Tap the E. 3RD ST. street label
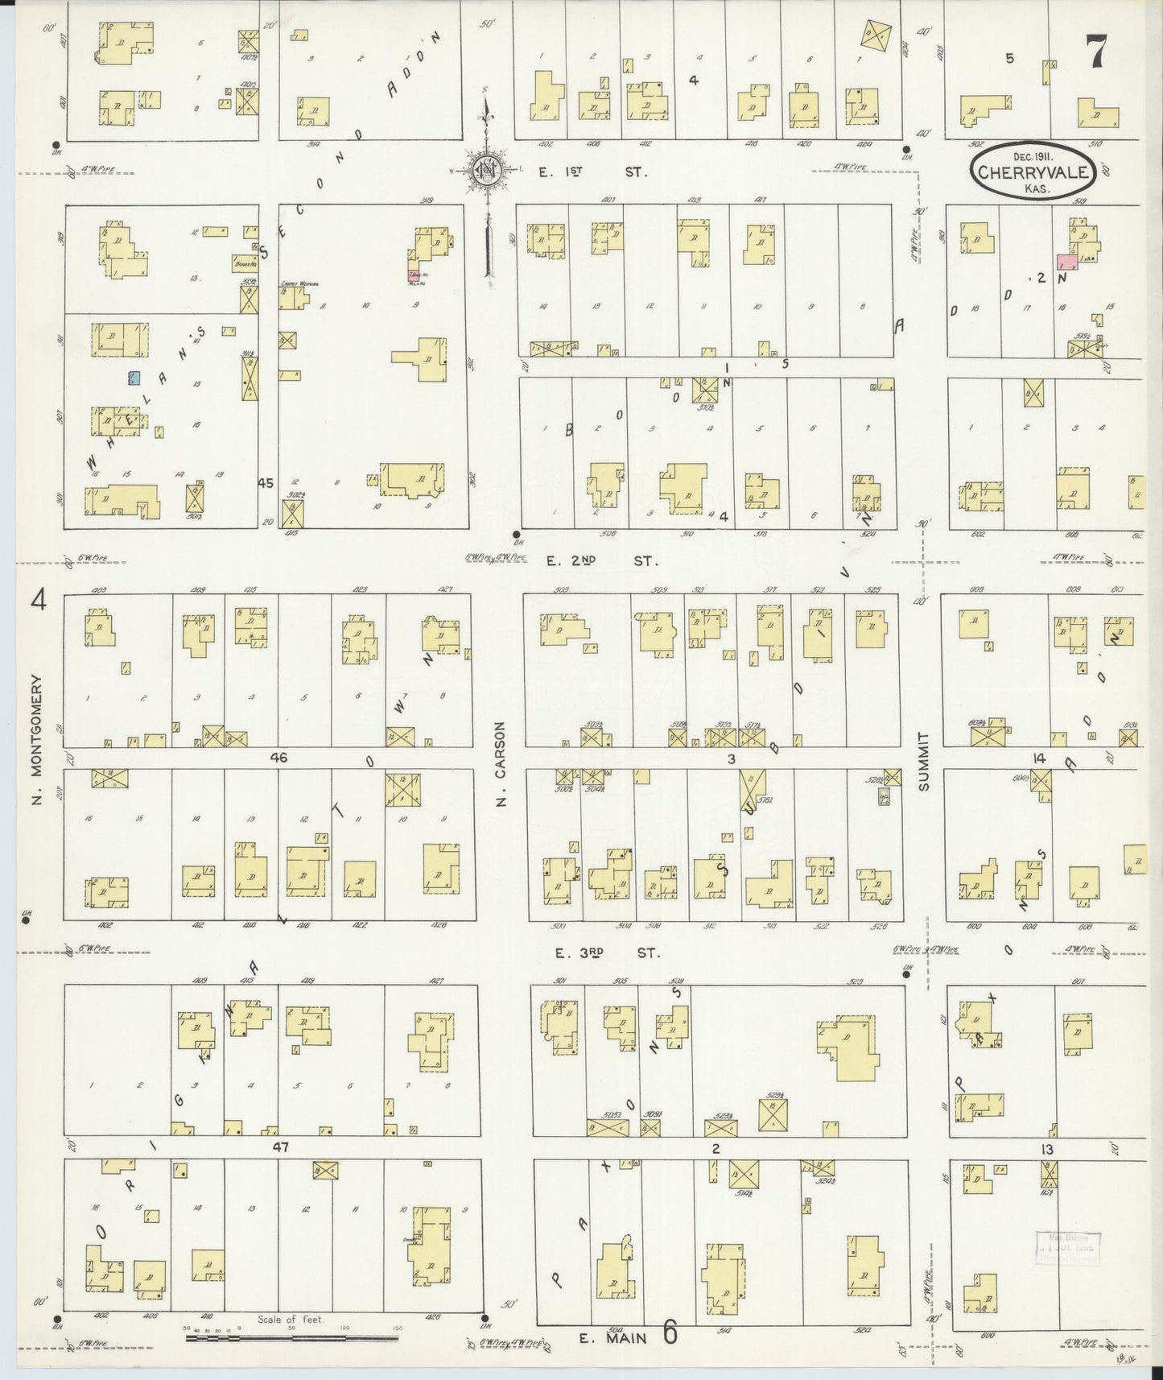pos(608,952)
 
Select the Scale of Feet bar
pos(291,1337)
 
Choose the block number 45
pos(266,483)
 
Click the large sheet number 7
pos(1096,54)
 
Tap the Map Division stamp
pos(1066,1249)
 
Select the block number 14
pos(1039,758)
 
